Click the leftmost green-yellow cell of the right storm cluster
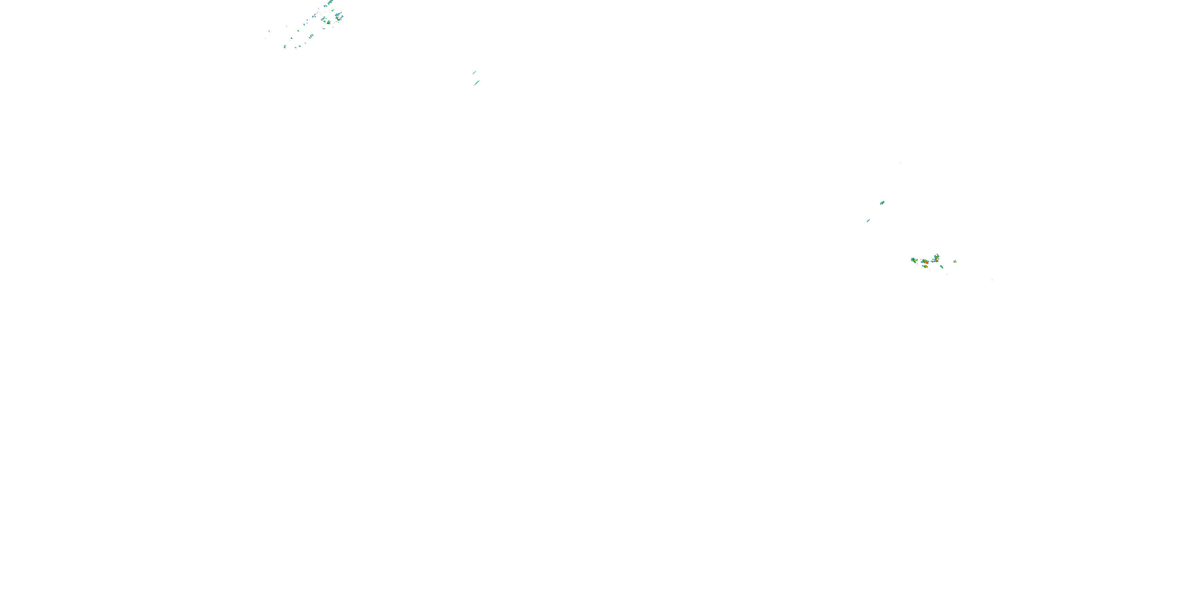point(914,261)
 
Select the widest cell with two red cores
point(925,262)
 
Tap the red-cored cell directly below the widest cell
point(926,267)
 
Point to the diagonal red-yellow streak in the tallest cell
point(937,258)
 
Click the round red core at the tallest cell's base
point(937,261)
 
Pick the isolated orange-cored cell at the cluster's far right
point(955,262)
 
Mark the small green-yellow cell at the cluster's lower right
point(942,267)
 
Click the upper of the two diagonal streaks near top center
point(474,72)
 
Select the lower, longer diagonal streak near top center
point(477,83)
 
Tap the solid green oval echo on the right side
point(882,202)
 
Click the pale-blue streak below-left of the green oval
point(868,221)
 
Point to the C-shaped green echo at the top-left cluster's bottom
point(285,47)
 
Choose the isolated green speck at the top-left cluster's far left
point(269,31)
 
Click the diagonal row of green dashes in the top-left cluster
point(311,36)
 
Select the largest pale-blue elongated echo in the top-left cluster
point(338,15)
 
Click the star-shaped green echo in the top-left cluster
point(329,23)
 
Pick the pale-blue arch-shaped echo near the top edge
point(325,6)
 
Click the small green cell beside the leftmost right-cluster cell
point(917,260)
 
